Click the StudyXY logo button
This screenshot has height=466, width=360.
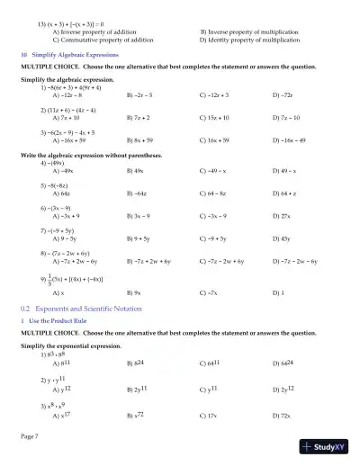coord(329,445)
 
